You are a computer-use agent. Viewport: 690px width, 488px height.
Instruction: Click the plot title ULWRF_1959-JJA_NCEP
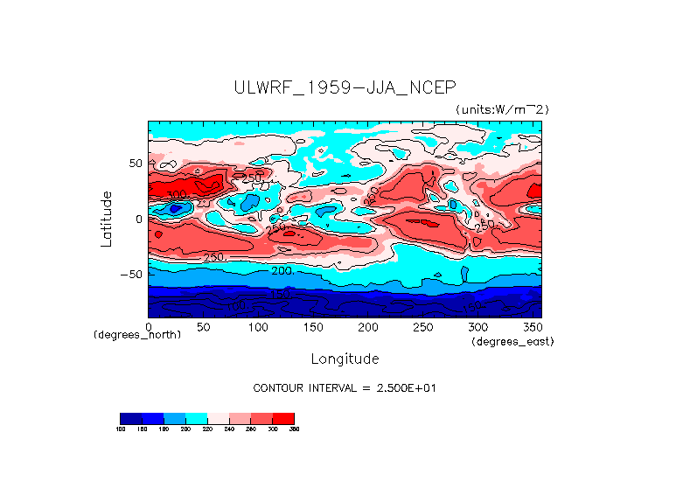(345, 87)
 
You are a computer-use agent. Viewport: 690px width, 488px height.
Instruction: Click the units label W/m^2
(502, 109)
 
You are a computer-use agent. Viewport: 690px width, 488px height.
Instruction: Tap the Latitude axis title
(107, 219)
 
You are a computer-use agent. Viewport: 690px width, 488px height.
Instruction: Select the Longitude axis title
(345, 359)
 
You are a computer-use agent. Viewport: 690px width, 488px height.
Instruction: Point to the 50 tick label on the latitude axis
(136, 164)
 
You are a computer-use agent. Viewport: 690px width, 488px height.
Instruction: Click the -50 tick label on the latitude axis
(132, 275)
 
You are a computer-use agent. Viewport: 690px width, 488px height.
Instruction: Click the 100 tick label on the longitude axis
(258, 327)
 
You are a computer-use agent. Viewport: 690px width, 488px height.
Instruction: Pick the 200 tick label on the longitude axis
(367, 327)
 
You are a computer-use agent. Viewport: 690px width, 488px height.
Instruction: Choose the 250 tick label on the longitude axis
(422, 327)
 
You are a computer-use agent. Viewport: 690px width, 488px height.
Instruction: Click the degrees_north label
(137, 336)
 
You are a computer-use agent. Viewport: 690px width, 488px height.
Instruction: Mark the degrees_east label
(512, 341)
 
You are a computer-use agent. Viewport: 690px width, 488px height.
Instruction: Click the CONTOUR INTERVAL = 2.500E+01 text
(345, 387)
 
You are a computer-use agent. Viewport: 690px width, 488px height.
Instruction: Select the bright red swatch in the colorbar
(283, 418)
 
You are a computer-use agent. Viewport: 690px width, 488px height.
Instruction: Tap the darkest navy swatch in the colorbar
(130, 418)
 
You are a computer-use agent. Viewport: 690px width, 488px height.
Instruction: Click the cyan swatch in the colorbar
(196, 418)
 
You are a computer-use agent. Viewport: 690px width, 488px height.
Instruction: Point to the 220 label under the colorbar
(207, 429)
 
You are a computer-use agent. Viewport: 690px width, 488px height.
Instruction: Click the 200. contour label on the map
(282, 271)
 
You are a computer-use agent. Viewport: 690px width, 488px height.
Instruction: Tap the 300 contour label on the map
(178, 195)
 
